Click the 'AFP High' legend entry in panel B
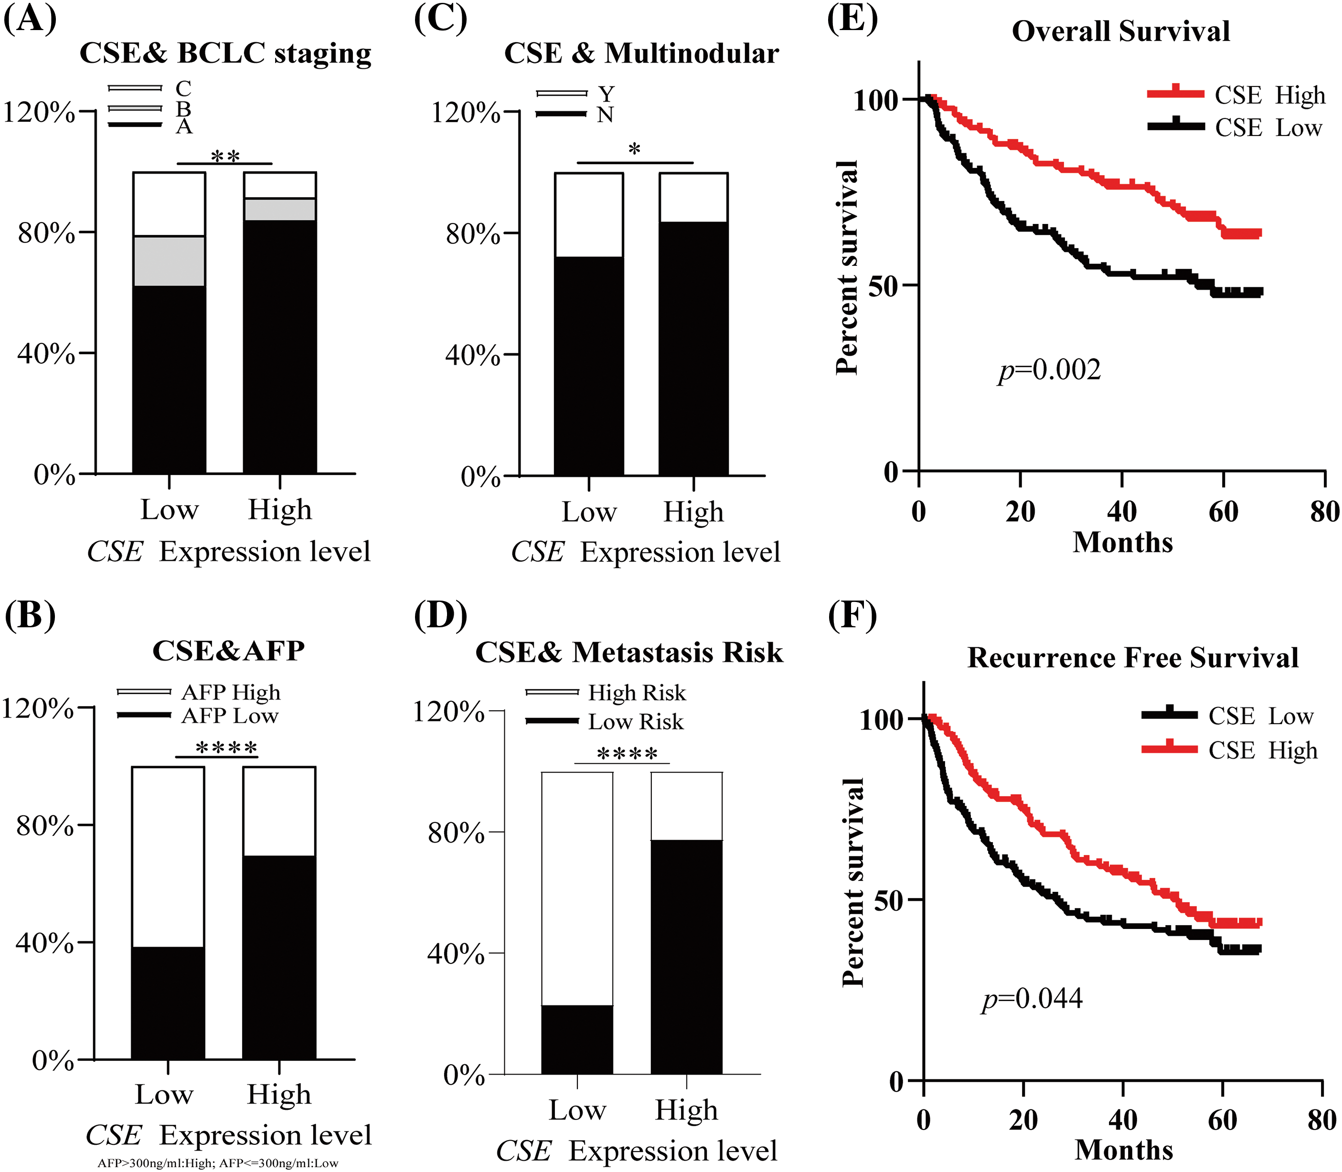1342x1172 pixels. [x=230, y=692]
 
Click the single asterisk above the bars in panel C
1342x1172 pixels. [x=634, y=150]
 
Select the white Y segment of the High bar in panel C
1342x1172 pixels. [x=693, y=198]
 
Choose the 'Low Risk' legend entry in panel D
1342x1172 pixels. [x=635, y=722]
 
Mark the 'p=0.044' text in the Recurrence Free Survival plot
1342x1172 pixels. [x=1032, y=999]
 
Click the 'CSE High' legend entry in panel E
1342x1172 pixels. [x=1269, y=95]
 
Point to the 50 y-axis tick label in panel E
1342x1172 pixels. [x=884, y=286]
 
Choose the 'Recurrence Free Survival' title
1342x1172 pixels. [x=1133, y=658]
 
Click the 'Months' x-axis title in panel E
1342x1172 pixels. [x=1123, y=543]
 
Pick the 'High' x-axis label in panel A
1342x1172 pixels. [x=279, y=509]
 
